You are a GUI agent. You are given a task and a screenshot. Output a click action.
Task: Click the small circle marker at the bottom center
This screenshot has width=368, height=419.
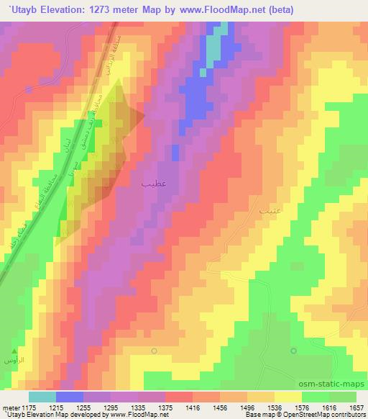(x=155, y=351)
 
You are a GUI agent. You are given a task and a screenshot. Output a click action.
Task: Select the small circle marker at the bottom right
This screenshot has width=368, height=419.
(x=293, y=351)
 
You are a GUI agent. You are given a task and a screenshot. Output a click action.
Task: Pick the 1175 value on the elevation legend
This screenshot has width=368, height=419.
(x=29, y=408)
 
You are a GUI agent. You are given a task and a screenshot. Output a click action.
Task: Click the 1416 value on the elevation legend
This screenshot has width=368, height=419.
(x=193, y=408)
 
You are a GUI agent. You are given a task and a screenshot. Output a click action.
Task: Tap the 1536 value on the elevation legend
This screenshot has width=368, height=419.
(x=275, y=408)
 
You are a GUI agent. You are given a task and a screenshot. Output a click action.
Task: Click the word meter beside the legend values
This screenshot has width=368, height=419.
(x=11, y=408)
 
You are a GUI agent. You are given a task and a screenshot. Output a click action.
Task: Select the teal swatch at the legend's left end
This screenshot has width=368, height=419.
(x=42, y=397)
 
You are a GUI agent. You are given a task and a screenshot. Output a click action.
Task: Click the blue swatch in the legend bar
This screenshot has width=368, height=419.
(x=70, y=397)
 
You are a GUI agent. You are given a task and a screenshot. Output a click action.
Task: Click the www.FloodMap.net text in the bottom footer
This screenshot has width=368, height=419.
(x=138, y=415)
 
